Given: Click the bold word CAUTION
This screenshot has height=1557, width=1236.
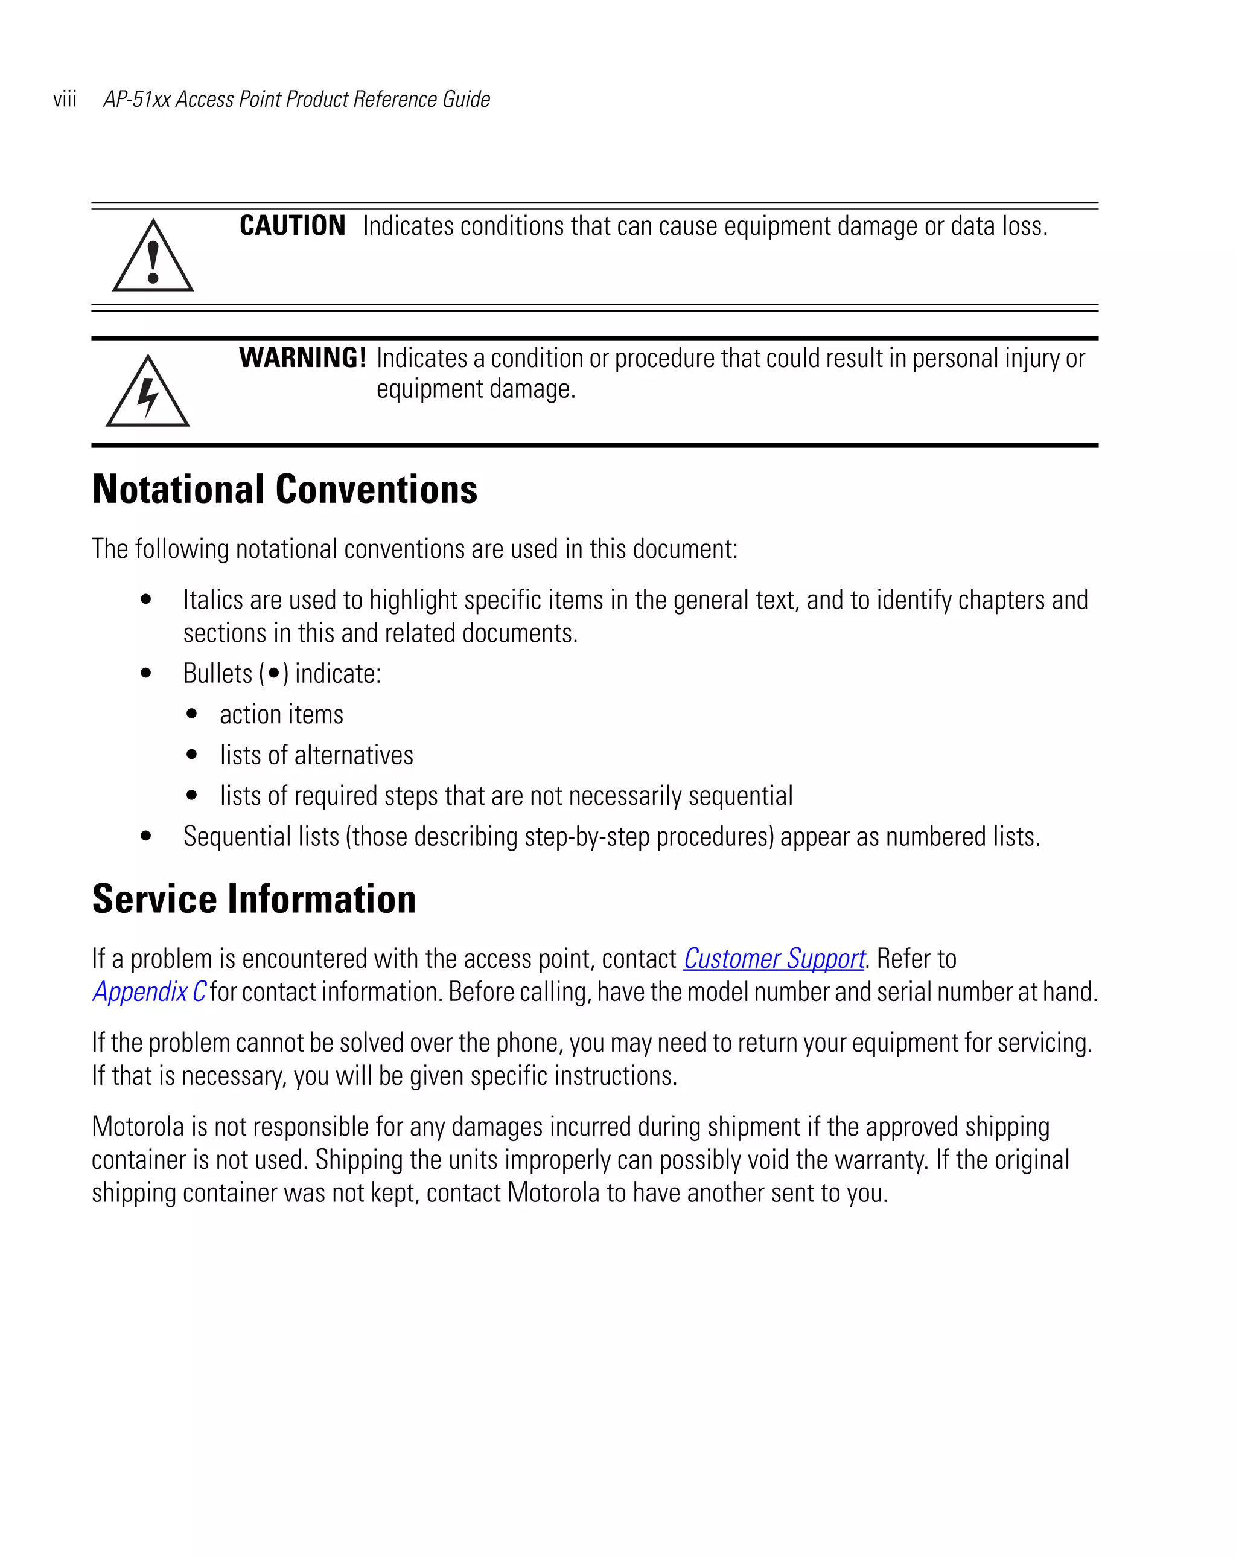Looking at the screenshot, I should pos(292,226).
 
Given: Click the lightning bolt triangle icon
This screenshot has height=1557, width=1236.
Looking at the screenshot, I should pos(148,394).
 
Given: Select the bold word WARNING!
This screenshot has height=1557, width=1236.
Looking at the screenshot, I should pos(302,358).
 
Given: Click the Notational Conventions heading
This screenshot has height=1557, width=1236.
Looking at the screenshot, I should pos(284,490).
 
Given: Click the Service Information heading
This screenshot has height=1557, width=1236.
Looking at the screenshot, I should pos(254,899).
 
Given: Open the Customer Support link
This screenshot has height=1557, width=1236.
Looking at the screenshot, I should pos(773,958).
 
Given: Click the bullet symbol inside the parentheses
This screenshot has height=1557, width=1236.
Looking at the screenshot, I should pos(273,674).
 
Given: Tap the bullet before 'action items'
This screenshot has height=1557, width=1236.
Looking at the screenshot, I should pos(191,714).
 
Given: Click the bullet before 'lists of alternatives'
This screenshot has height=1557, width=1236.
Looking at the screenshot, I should pos(191,755).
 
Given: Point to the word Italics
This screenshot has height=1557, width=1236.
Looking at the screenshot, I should pos(205,600).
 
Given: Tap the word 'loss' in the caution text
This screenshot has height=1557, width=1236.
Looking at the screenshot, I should pos(1024,226).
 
